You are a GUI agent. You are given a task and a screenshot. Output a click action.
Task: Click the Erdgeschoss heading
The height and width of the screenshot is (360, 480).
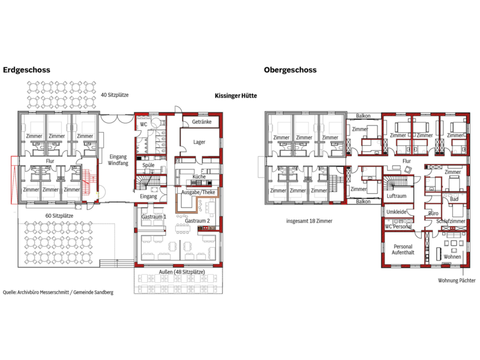click(26, 70)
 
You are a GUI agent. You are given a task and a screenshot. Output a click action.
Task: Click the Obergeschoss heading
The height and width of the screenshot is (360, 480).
click(290, 70)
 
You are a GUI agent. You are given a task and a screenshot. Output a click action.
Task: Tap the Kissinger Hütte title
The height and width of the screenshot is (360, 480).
click(236, 96)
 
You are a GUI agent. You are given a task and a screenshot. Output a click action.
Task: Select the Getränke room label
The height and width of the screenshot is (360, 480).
click(202, 122)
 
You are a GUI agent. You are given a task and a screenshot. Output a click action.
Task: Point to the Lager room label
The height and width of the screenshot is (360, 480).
click(199, 142)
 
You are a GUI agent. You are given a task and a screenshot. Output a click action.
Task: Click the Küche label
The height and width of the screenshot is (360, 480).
click(199, 176)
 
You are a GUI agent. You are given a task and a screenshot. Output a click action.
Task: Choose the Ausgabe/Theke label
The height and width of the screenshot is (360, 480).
click(198, 192)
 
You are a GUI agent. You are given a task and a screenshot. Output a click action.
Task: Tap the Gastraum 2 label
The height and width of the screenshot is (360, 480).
click(197, 221)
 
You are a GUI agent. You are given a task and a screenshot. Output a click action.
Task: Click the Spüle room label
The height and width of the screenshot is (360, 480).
click(148, 166)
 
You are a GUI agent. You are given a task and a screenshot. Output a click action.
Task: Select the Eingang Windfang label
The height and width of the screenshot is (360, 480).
click(118, 160)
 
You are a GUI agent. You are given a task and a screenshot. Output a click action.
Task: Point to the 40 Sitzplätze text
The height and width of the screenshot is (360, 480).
click(115, 95)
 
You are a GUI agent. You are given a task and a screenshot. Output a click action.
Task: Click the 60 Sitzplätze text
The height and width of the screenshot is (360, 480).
click(59, 216)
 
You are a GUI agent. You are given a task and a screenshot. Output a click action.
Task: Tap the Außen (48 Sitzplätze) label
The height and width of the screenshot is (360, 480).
click(182, 272)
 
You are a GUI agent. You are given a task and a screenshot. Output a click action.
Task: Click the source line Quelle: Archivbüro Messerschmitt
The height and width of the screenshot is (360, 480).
click(58, 292)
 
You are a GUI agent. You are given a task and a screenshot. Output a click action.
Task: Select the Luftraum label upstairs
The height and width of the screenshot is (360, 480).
click(397, 196)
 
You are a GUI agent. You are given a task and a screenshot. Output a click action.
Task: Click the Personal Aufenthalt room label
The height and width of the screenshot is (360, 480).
click(403, 250)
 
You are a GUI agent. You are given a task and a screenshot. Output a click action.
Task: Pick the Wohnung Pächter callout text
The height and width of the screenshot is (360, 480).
click(457, 280)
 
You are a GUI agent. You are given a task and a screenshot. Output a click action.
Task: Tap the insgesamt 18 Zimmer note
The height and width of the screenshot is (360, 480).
click(309, 221)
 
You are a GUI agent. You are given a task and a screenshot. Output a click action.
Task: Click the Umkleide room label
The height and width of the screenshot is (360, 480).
click(397, 212)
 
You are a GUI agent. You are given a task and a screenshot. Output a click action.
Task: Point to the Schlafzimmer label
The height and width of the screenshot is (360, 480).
click(451, 221)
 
